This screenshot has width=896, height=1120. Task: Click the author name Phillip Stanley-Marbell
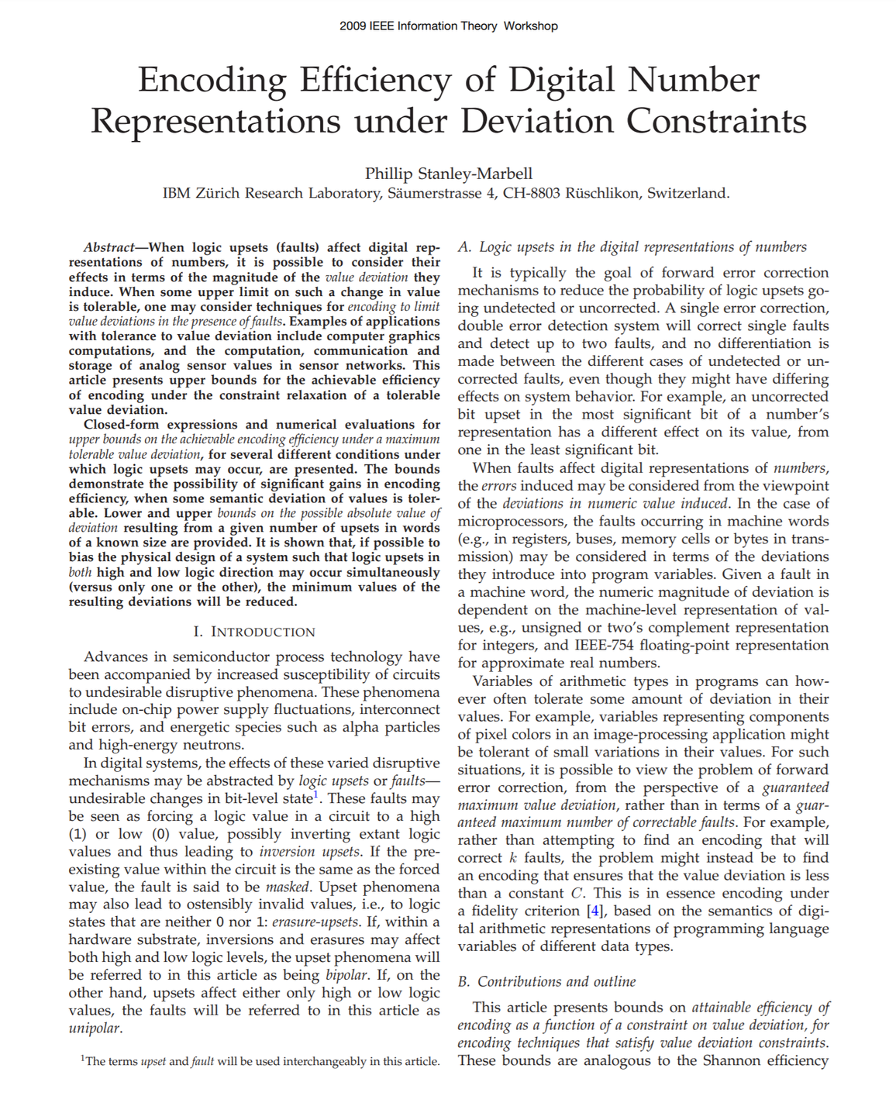tap(448, 174)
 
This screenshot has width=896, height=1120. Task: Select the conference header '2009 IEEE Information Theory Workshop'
tap(448, 26)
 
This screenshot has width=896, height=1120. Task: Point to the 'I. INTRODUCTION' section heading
tap(254, 632)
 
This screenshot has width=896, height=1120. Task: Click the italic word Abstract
tap(109, 247)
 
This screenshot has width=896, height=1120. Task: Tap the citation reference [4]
tap(594, 911)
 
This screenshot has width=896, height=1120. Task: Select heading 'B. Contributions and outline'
tap(546, 981)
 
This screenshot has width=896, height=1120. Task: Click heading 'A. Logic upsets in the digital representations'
tap(632, 247)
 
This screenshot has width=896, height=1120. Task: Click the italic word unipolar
tap(94, 1029)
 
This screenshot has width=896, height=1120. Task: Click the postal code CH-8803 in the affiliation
tap(531, 193)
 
